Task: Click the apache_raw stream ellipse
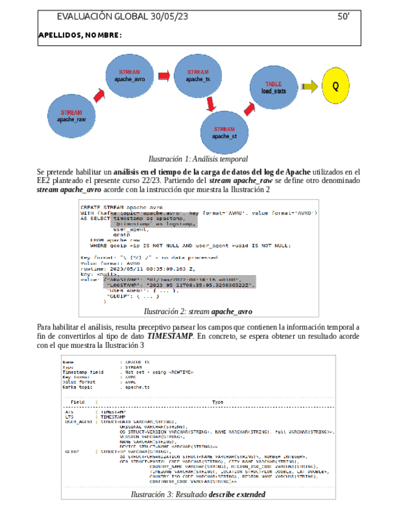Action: (x=72, y=116)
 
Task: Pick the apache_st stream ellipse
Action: (x=224, y=132)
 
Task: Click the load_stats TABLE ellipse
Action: (x=274, y=87)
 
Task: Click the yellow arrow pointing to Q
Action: (x=309, y=87)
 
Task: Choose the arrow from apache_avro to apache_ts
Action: (x=164, y=76)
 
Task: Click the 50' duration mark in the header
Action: (x=344, y=17)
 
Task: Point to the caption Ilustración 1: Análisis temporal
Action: (x=198, y=159)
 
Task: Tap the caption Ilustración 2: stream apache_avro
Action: (x=198, y=312)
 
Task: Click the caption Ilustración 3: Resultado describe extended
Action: (x=198, y=495)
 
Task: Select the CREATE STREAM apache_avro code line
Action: (x=122, y=207)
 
